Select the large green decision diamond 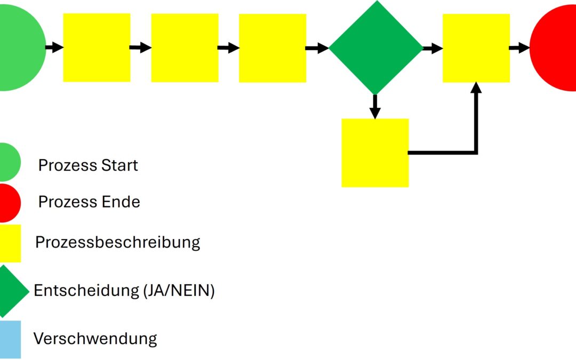point(375,47)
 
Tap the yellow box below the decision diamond point(375,153)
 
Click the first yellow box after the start point(97,47)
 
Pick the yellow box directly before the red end point(476,47)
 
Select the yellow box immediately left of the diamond point(272,47)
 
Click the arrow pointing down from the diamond point(375,107)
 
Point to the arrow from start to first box point(54,47)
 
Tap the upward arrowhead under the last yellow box point(476,89)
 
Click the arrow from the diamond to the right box point(433,48)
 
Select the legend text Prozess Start point(88,165)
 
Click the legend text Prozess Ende point(89,202)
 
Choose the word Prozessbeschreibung point(117,242)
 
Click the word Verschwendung point(95,338)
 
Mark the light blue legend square point(10,339)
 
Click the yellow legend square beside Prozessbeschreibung point(10,243)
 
